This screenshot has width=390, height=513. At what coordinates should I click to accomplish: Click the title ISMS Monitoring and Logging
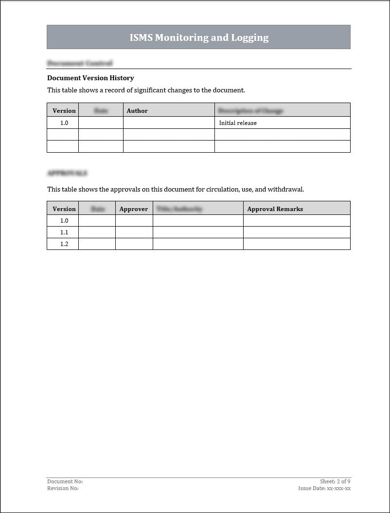tap(199, 37)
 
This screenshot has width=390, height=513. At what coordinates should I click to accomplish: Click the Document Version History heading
tap(90, 78)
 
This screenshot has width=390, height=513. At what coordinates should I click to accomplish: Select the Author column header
tap(137, 111)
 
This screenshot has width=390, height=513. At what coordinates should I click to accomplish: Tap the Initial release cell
tap(238, 123)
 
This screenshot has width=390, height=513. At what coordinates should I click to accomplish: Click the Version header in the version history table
tap(64, 111)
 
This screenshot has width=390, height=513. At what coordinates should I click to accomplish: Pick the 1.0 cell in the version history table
tap(64, 123)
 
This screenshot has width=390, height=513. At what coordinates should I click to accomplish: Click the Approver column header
tap(134, 209)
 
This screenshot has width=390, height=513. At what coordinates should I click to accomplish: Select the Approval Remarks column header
tap(275, 209)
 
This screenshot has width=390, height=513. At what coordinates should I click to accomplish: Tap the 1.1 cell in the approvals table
tap(64, 232)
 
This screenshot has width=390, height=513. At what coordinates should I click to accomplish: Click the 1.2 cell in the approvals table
tap(64, 244)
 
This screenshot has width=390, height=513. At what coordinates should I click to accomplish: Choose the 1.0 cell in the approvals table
tap(64, 221)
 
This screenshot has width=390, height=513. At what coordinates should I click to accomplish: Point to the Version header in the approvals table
tap(64, 209)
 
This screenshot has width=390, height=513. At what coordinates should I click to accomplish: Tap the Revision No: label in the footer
tap(63, 488)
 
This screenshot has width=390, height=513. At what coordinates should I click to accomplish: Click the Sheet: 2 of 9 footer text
tap(335, 481)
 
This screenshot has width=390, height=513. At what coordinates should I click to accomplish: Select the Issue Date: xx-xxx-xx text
tap(324, 488)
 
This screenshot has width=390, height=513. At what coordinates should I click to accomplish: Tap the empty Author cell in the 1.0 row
tap(169, 123)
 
